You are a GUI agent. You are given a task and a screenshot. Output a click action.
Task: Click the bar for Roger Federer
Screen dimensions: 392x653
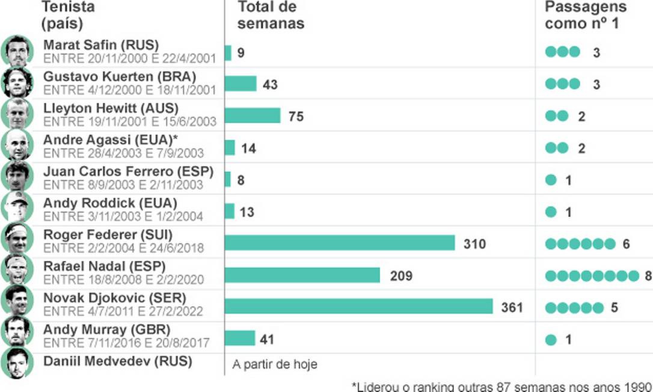coord(340,243)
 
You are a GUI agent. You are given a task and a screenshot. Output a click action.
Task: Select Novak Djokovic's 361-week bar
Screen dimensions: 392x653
coord(359,307)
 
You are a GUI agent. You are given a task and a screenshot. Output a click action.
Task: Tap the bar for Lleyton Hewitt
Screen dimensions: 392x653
coord(253,115)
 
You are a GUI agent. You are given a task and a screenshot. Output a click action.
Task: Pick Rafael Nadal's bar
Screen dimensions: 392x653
coord(302,275)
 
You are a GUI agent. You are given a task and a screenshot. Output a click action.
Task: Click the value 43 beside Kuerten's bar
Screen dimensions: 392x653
coord(270,85)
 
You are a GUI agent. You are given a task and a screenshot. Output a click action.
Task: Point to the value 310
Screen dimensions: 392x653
coord(474,243)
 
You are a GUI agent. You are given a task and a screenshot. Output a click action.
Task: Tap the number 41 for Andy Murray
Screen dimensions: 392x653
coord(267,340)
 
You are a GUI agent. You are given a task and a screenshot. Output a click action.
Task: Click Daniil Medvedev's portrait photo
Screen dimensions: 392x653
coord(17,363)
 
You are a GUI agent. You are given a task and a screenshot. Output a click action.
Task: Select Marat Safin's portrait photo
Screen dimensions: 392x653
coord(17,51)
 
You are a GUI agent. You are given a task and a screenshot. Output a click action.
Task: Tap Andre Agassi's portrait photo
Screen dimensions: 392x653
coord(17,145)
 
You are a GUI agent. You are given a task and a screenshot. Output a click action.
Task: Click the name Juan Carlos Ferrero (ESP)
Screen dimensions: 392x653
coord(128,171)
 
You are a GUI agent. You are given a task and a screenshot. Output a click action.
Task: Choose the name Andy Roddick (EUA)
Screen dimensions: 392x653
coord(110,203)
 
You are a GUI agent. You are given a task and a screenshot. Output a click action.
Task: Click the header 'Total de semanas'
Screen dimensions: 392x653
coord(271,16)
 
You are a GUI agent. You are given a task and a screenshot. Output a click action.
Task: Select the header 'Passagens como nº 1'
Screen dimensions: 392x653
coord(586,16)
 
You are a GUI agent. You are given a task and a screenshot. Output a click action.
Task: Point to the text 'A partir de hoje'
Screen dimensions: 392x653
coord(274,364)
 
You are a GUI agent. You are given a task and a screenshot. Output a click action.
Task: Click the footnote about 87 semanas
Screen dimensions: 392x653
coord(501,385)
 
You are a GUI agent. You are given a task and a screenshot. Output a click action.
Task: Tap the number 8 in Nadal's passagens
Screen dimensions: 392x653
coord(648,276)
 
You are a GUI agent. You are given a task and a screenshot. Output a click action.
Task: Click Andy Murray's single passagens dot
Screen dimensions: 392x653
coord(551,340)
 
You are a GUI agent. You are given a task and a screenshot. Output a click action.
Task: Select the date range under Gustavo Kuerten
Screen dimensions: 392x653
coord(130,90)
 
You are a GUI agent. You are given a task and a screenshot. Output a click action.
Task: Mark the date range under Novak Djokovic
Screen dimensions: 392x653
coord(123,311)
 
